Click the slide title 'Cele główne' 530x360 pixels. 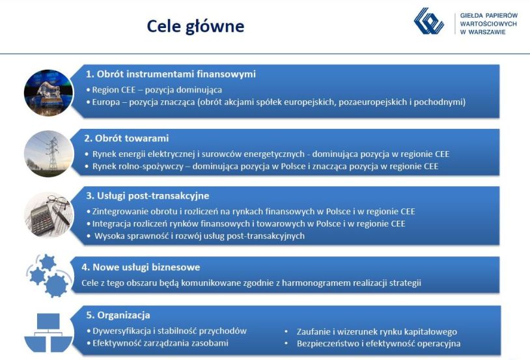[x=195, y=27]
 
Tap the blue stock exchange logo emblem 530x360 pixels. [x=428, y=21]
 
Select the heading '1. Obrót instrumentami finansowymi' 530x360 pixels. [x=171, y=74]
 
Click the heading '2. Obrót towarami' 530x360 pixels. [x=126, y=138]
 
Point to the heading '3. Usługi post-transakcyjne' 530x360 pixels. [x=147, y=196]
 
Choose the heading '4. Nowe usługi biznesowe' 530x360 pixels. [x=141, y=267]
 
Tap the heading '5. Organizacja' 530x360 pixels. [x=118, y=315]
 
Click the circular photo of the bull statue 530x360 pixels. [x=49, y=93]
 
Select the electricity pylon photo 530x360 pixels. [x=49, y=154]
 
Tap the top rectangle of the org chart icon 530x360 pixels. [x=48, y=321]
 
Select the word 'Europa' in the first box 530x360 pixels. [x=105, y=102]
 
